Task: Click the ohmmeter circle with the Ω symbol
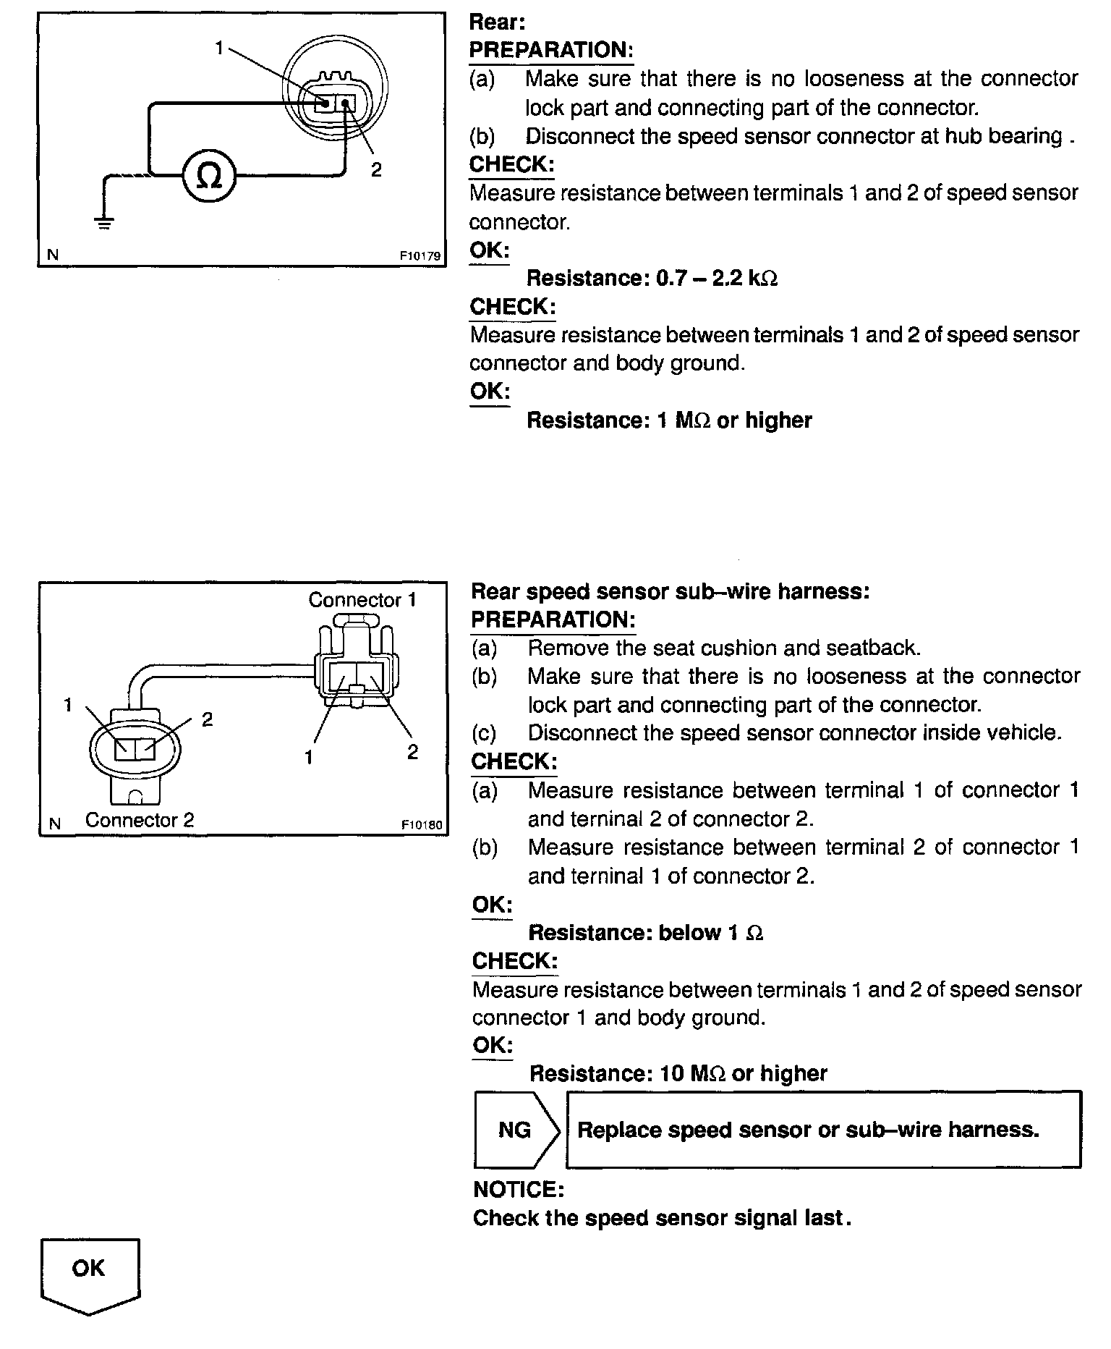coord(208,176)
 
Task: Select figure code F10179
coord(420,255)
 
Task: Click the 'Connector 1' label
coord(362,600)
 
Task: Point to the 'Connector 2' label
coord(140,820)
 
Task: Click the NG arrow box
coord(515,1130)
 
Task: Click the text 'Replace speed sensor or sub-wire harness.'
coord(808,1130)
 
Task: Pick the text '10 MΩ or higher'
coord(744,1073)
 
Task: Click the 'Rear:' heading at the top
coord(496,22)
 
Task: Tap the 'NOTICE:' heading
coord(518,1190)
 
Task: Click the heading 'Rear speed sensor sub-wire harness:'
coord(670,591)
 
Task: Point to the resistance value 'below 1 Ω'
coord(710,933)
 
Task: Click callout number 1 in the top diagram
coord(219,48)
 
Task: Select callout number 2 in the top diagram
coord(376,169)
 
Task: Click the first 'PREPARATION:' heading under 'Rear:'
coord(551,50)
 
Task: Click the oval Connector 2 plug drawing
coord(135,749)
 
